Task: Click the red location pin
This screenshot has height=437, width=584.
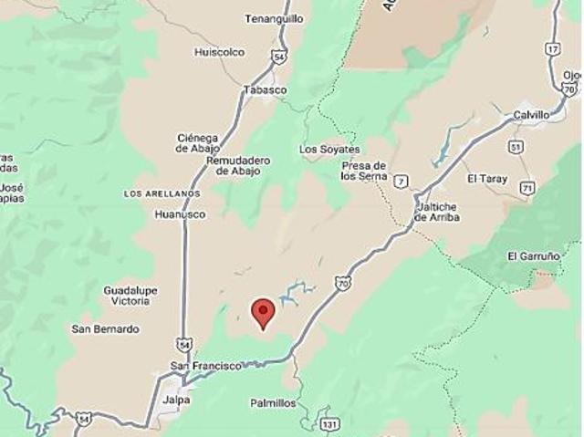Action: pyautogui.click(x=263, y=312)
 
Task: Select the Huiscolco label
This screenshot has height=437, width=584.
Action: pyautogui.click(x=219, y=52)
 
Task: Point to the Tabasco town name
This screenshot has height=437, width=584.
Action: pyautogui.click(x=265, y=89)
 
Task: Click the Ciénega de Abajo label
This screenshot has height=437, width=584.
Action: pyautogui.click(x=198, y=144)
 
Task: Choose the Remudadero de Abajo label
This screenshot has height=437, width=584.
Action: pyautogui.click(x=239, y=165)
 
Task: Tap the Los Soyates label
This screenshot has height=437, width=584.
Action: pyautogui.click(x=329, y=149)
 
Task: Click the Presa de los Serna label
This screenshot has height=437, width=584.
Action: pyautogui.click(x=363, y=171)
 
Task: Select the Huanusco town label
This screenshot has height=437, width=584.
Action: pyautogui.click(x=181, y=214)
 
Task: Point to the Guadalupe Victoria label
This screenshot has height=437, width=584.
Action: pyautogui.click(x=130, y=295)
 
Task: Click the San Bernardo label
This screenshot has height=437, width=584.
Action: pyautogui.click(x=105, y=328)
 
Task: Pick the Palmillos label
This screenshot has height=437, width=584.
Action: pyautogui.click(x=272, y=402)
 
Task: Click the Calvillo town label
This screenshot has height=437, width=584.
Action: pyautogui.click(x=531, y=115)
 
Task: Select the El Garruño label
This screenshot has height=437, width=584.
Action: pyautogui.click(x=533, y=256)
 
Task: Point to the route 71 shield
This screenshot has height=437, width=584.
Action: pyautogui.click(x=527, y=188)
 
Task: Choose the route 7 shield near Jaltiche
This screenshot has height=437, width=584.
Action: pyautogui.click(x=401, y=182)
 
